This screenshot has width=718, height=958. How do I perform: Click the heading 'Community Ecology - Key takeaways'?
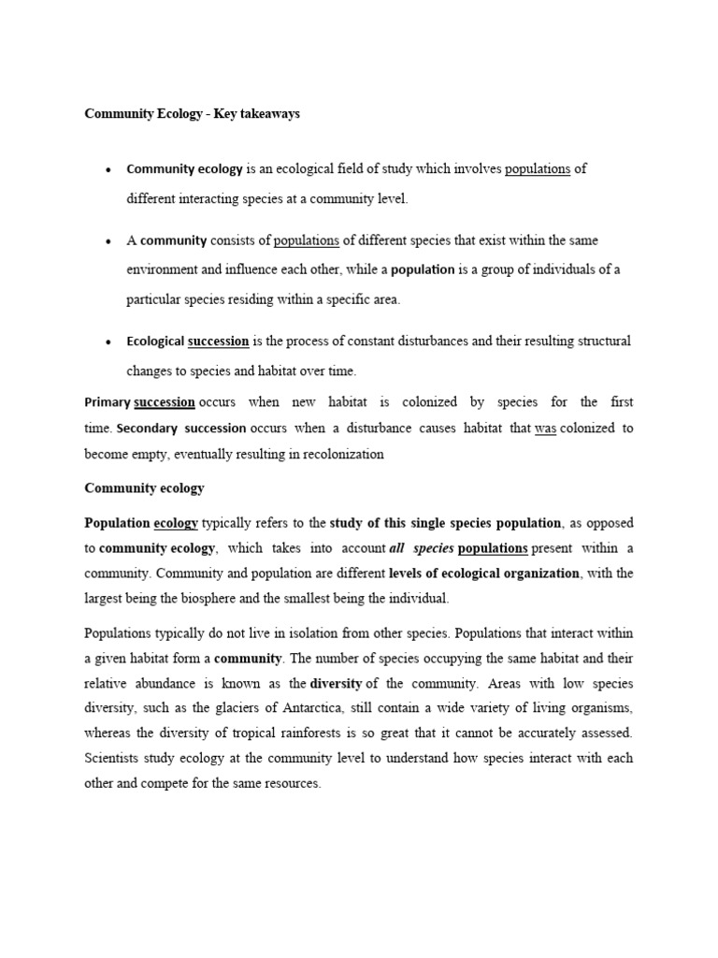click(192, 114)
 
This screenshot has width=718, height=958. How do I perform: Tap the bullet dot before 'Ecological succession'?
click(109, 342)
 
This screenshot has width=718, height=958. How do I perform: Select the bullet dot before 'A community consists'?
click(109, 241)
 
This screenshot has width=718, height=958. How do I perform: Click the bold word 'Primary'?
click(108, 402)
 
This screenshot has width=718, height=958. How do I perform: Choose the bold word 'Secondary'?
click(150, 428)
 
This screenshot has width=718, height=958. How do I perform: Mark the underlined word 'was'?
click(545, 428)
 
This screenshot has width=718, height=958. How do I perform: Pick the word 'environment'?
click(161, 269)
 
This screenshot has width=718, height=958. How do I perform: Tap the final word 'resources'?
click(289, 784)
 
